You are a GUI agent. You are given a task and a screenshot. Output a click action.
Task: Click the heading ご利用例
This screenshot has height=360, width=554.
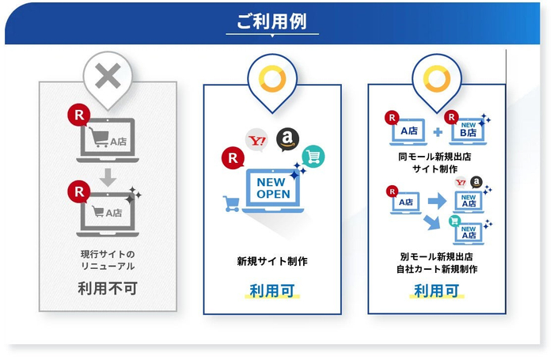(271, 21)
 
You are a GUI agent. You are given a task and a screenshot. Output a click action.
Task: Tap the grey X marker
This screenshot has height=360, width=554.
(108, 76)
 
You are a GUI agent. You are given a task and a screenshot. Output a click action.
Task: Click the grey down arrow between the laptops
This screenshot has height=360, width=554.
(108, 177)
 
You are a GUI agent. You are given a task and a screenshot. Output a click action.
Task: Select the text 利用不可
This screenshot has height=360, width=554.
(108, 288)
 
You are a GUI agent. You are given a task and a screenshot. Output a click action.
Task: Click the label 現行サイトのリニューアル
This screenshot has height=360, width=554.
(108, 260)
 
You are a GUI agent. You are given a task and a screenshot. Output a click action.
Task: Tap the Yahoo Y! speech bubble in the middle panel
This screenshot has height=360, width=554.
(256, 141)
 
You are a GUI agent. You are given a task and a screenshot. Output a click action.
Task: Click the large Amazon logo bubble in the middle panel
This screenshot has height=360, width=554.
(287, 139)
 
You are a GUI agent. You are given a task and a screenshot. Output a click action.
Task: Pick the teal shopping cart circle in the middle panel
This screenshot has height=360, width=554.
(313, 157)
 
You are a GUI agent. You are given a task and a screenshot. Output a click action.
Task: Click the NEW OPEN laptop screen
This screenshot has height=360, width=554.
(273, 188)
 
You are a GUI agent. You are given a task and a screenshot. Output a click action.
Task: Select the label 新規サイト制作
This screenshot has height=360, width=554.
(272, 261)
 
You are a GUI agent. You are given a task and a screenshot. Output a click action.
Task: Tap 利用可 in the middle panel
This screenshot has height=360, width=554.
(272, 290)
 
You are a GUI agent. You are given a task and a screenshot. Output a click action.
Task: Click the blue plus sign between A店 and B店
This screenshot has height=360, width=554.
(438, 132)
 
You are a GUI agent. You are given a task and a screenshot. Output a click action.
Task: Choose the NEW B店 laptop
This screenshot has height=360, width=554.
(468, 132)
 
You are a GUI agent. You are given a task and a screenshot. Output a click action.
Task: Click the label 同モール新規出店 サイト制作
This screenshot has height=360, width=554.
(435, 162)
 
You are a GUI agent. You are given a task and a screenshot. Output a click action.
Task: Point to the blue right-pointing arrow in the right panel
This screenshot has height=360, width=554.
(437, 201)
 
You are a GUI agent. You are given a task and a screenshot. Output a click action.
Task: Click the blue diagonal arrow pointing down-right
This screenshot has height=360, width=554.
(432, 222)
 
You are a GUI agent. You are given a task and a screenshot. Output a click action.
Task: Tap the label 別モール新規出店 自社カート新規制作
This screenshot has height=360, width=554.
(437, 263)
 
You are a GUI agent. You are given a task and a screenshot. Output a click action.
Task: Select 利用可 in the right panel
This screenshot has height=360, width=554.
(437, 290)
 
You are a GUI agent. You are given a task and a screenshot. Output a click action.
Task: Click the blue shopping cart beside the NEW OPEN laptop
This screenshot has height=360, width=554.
(231, 203)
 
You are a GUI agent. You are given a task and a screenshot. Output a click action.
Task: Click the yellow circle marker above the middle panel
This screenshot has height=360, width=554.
(272, 78)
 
